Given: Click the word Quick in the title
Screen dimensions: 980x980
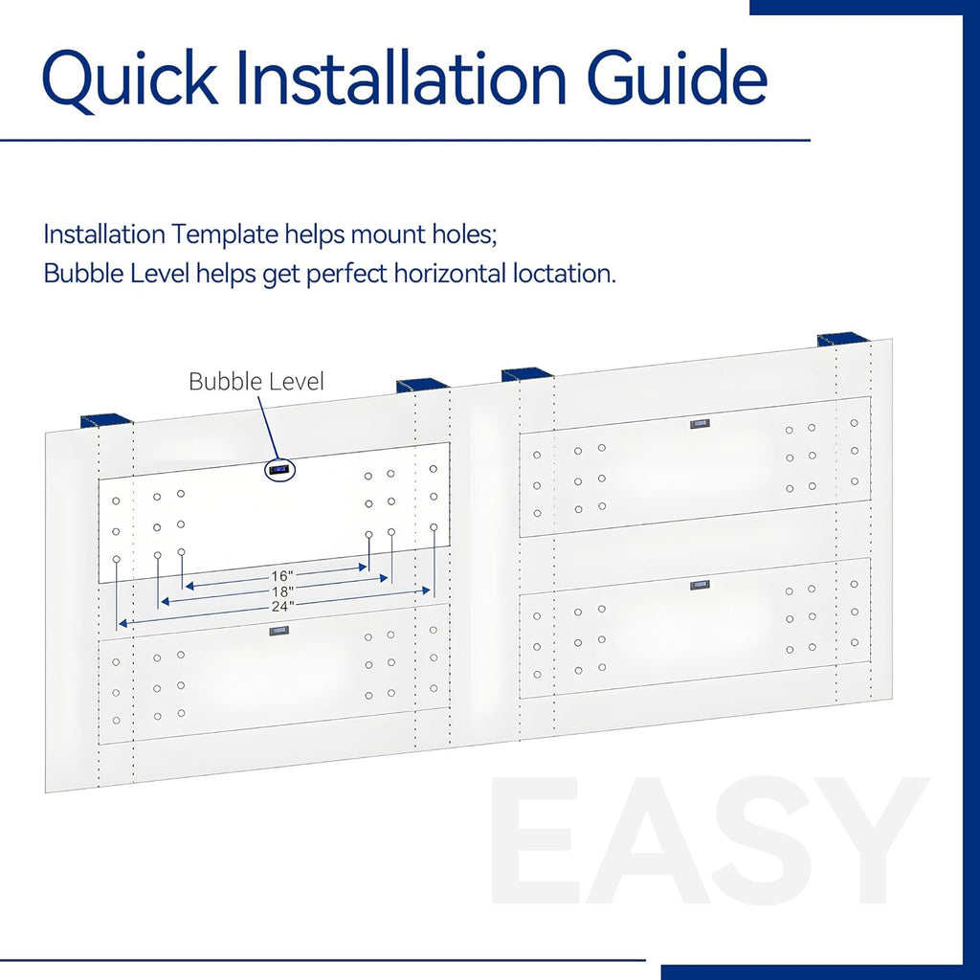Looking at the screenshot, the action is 130,79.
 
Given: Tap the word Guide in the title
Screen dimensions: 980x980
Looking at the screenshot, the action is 678,77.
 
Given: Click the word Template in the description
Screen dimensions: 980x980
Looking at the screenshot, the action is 225,235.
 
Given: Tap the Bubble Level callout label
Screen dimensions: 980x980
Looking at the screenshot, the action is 256,381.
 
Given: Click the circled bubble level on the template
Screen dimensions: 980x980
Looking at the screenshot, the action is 278,469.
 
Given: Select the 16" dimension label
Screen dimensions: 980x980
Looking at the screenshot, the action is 282,575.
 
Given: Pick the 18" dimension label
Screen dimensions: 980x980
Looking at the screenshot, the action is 282,591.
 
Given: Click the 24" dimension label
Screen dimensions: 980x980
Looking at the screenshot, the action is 282,606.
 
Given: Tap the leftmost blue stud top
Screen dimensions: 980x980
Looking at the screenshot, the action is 106,420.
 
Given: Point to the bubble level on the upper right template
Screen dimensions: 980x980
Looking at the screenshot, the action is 700,424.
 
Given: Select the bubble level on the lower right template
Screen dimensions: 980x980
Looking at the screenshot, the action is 700,585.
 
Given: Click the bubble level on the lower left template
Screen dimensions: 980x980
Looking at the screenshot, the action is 278,631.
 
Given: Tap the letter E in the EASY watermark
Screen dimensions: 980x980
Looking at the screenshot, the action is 532,840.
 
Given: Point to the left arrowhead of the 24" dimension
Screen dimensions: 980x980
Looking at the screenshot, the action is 123,623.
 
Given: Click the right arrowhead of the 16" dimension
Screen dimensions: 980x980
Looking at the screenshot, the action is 363,568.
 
